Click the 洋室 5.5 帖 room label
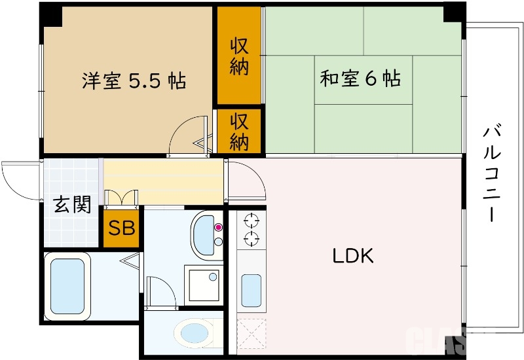coord(134,81)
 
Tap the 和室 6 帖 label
coord(360,79)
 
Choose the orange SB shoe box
coord(121,228)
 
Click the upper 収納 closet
coord(239,56)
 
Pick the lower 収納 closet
coord(239,132)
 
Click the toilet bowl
coord(195,333)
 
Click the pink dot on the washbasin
coord(218,228)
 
